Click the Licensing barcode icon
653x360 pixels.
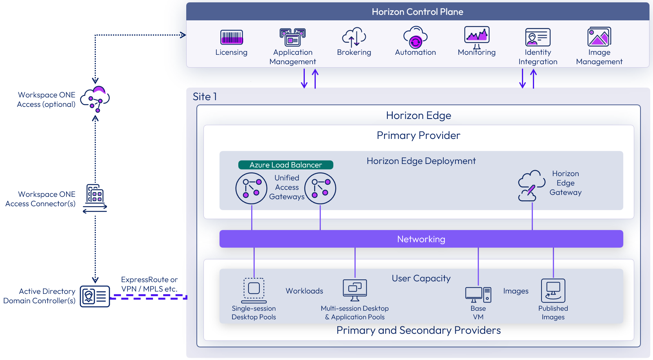232,37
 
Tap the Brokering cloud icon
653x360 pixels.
354,37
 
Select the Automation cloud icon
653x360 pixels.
415,37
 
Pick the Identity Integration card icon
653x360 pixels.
538,37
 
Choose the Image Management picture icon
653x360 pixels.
599,37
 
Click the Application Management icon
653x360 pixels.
292,37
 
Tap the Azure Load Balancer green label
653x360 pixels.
286,165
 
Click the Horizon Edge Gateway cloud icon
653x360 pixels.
531,185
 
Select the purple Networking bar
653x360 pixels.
421,239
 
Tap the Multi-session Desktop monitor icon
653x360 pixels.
355,290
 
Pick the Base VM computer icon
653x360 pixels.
478,295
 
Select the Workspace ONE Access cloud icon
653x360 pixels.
95,99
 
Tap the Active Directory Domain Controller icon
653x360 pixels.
95,296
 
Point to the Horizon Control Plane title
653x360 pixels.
417,12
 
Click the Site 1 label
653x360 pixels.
205,97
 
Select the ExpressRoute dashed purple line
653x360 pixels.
149,297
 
